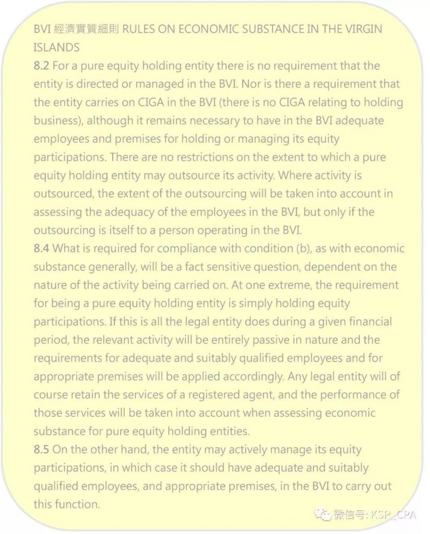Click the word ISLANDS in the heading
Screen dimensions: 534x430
tap(56, 47)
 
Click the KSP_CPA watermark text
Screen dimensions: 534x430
tap(392, 515)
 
